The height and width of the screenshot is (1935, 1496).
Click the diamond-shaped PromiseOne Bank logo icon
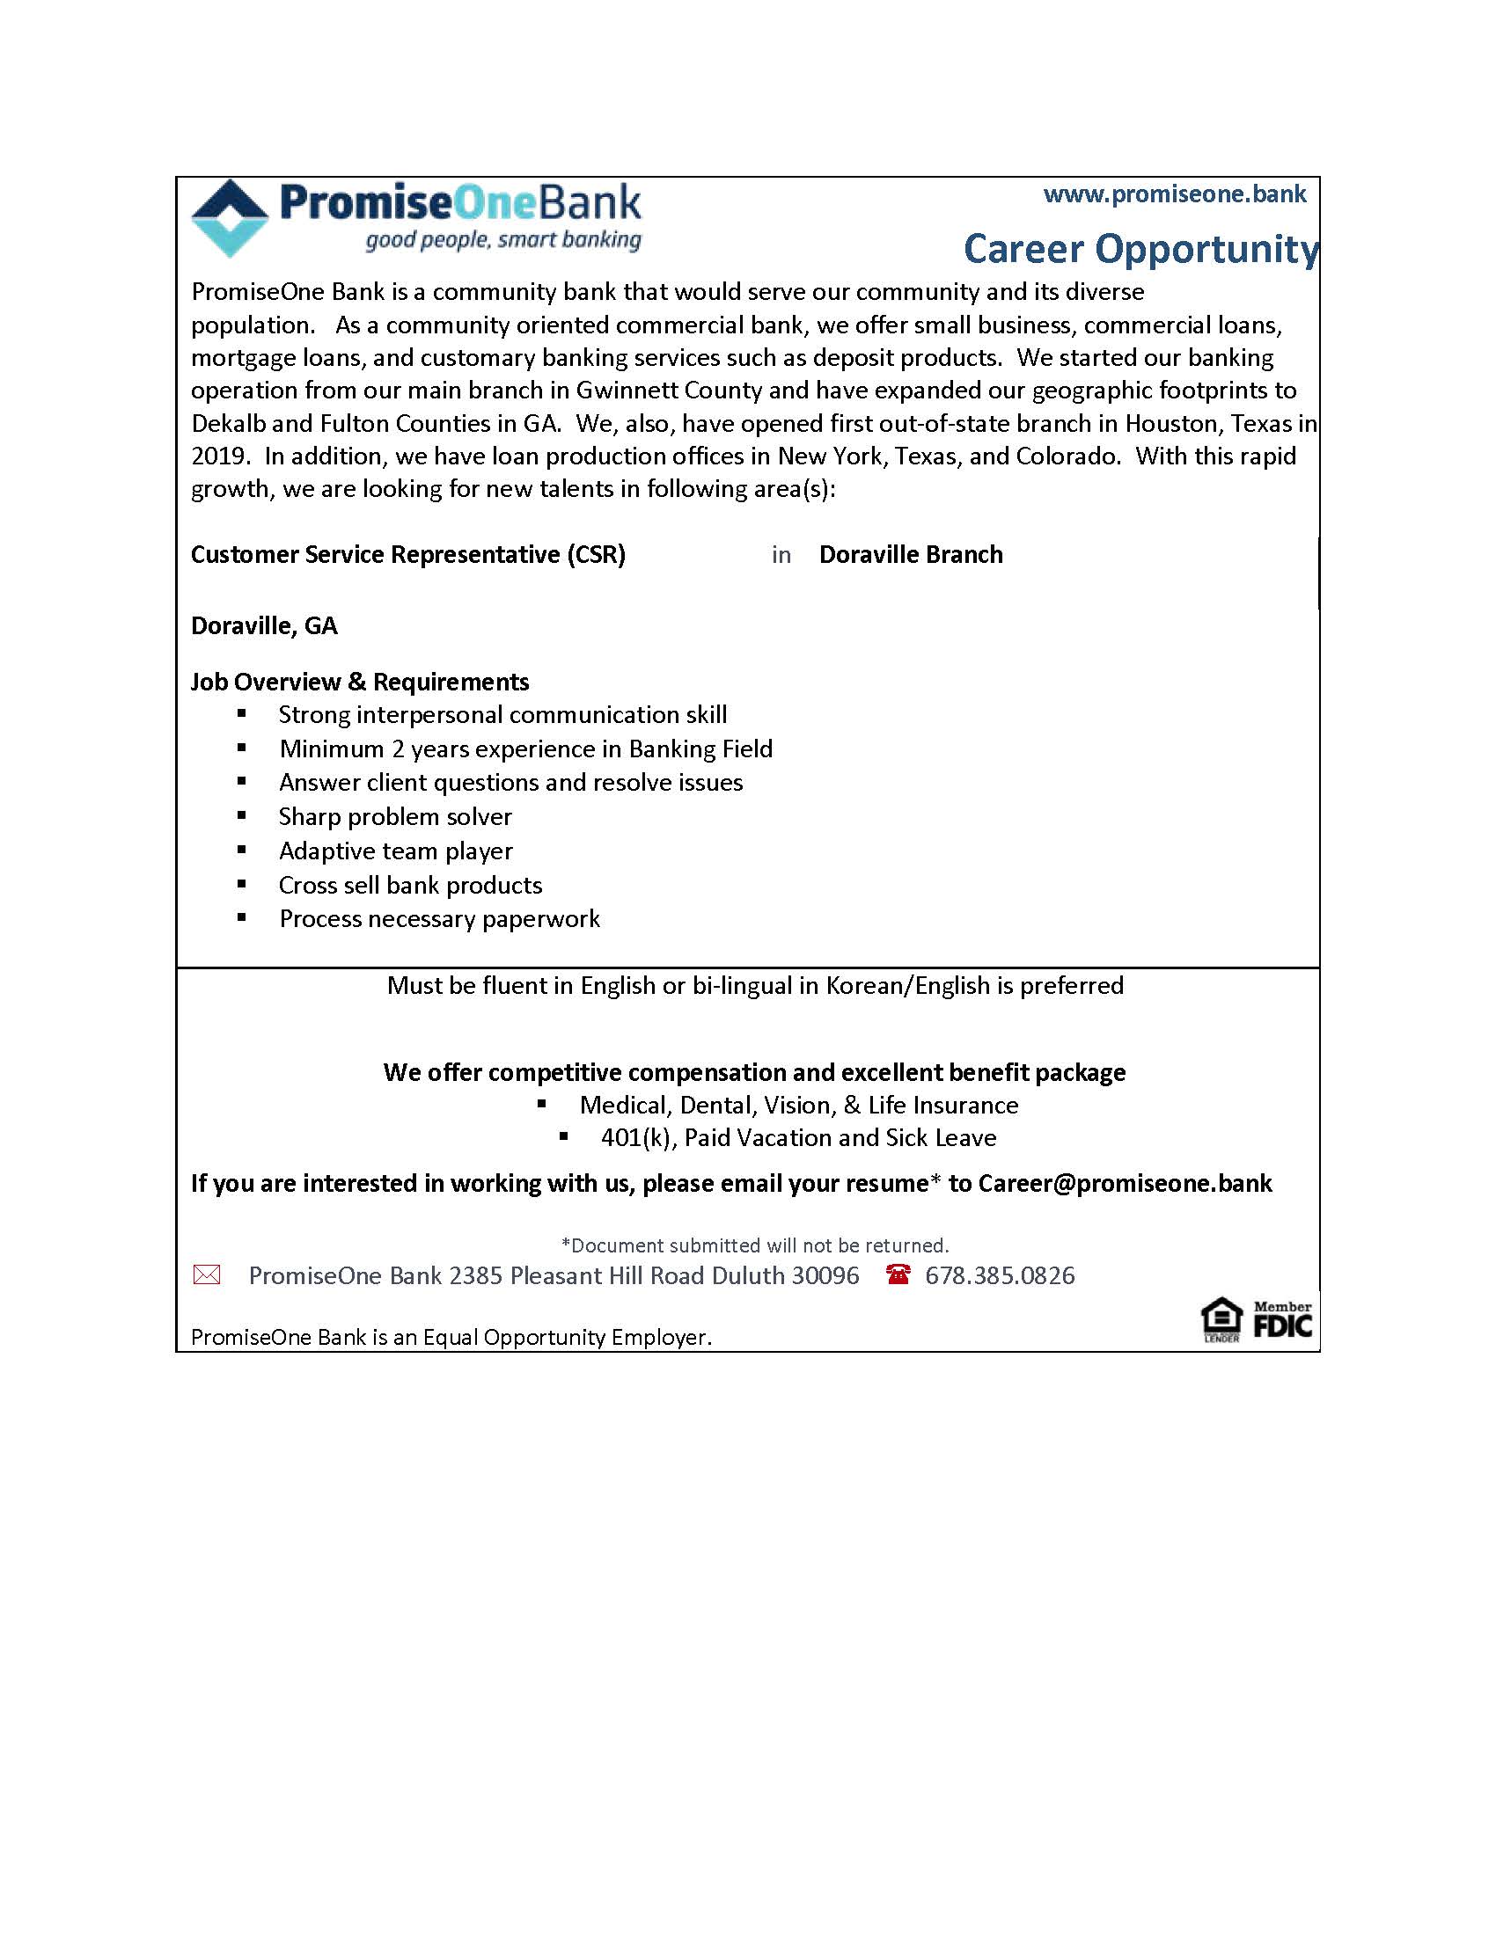tap(230, 218)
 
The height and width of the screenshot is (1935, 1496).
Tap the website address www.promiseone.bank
tap(1174, 194)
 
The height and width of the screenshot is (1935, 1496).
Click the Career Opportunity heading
tap(1140, 249)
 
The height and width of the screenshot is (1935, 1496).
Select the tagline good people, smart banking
tap(503, 240)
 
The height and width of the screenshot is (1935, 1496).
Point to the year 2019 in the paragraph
tap(217, 456)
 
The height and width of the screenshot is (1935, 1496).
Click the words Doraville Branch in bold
tap(910, 555)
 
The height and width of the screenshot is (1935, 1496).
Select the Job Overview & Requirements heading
tap(360, 683)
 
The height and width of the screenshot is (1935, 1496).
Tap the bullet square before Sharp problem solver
tap(241, 816)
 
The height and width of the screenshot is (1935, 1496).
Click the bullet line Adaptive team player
tap(395, 851)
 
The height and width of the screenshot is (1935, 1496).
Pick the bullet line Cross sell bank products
tap(410, 885)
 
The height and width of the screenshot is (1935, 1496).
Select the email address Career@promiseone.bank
tap(1125, 1184)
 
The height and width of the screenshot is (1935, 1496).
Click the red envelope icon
tap(207, 1275)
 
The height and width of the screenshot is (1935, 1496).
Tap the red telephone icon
tap(898, 1275)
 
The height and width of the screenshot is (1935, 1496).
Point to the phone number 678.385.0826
tap(1000, 1276)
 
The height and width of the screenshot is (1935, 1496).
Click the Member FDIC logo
tap(1282, 1320)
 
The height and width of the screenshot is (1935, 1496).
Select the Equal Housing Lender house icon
tap(1221, 1319)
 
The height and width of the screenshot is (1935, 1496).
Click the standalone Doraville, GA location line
tap(264, 626)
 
